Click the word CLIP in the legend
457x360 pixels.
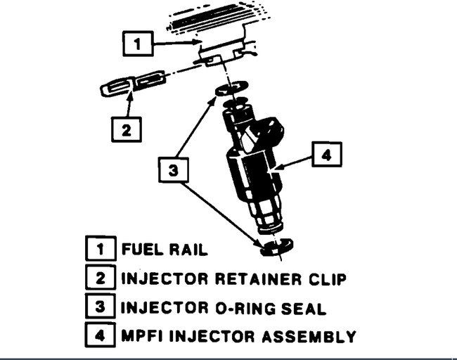tap(326, 279)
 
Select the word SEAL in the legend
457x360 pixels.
tap(307, 308)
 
